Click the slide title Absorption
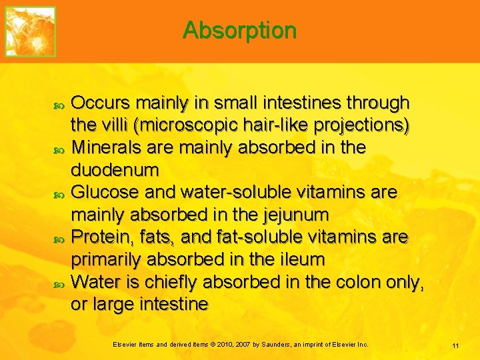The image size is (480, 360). click(x=239, y=30)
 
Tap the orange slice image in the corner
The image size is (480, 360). click(x=31, y=31)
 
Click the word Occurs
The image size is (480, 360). click(x=101, y=103)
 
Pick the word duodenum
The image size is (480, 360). click(x=115, y=170)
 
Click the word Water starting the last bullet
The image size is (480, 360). click(x=96, y=282)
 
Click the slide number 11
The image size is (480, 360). click(x=455, y=345)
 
